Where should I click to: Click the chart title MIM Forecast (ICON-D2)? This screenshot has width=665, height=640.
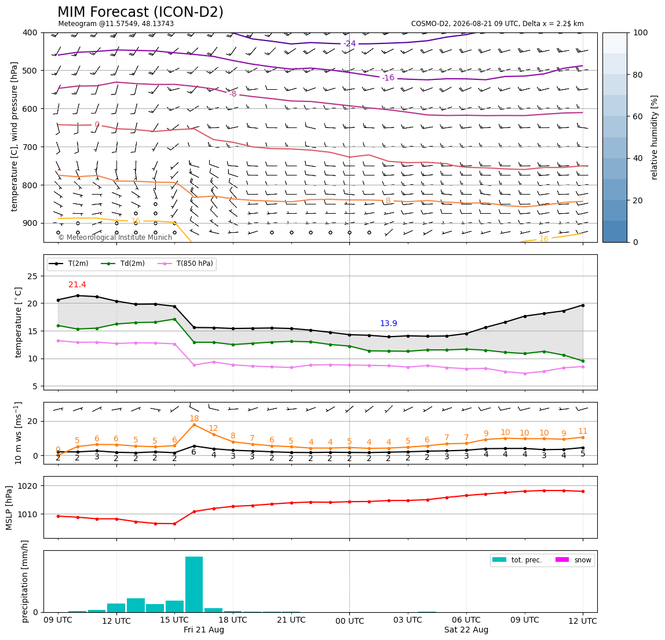point(140,12)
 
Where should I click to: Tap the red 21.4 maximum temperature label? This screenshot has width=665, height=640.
point(77,284)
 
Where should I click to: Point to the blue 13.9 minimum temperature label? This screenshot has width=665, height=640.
point(389,324)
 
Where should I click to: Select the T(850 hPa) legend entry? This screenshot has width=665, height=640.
point(186,264)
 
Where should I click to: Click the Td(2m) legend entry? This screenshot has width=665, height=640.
point(123,264)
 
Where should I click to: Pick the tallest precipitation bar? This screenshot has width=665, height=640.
point(194,584)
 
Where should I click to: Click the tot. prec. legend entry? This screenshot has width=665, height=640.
point(517,560)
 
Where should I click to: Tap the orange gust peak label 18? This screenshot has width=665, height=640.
point(194,419)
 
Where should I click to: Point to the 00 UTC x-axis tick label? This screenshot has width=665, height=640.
point(349,621)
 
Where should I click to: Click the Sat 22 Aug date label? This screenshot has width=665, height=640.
point(466,630)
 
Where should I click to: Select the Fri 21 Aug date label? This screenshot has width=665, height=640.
point(203,630)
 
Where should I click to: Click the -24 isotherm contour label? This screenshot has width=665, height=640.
point(349,43)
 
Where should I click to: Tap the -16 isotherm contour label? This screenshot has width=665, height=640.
point(388,78)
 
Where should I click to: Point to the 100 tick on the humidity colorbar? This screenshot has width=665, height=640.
point(641,32)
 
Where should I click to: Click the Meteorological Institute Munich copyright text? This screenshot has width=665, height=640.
point(115,237)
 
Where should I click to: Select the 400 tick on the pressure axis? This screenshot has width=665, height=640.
point(31,32)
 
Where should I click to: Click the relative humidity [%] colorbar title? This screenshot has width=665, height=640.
point(655,137)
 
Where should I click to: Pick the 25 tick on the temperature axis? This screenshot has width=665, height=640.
point(34,276)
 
